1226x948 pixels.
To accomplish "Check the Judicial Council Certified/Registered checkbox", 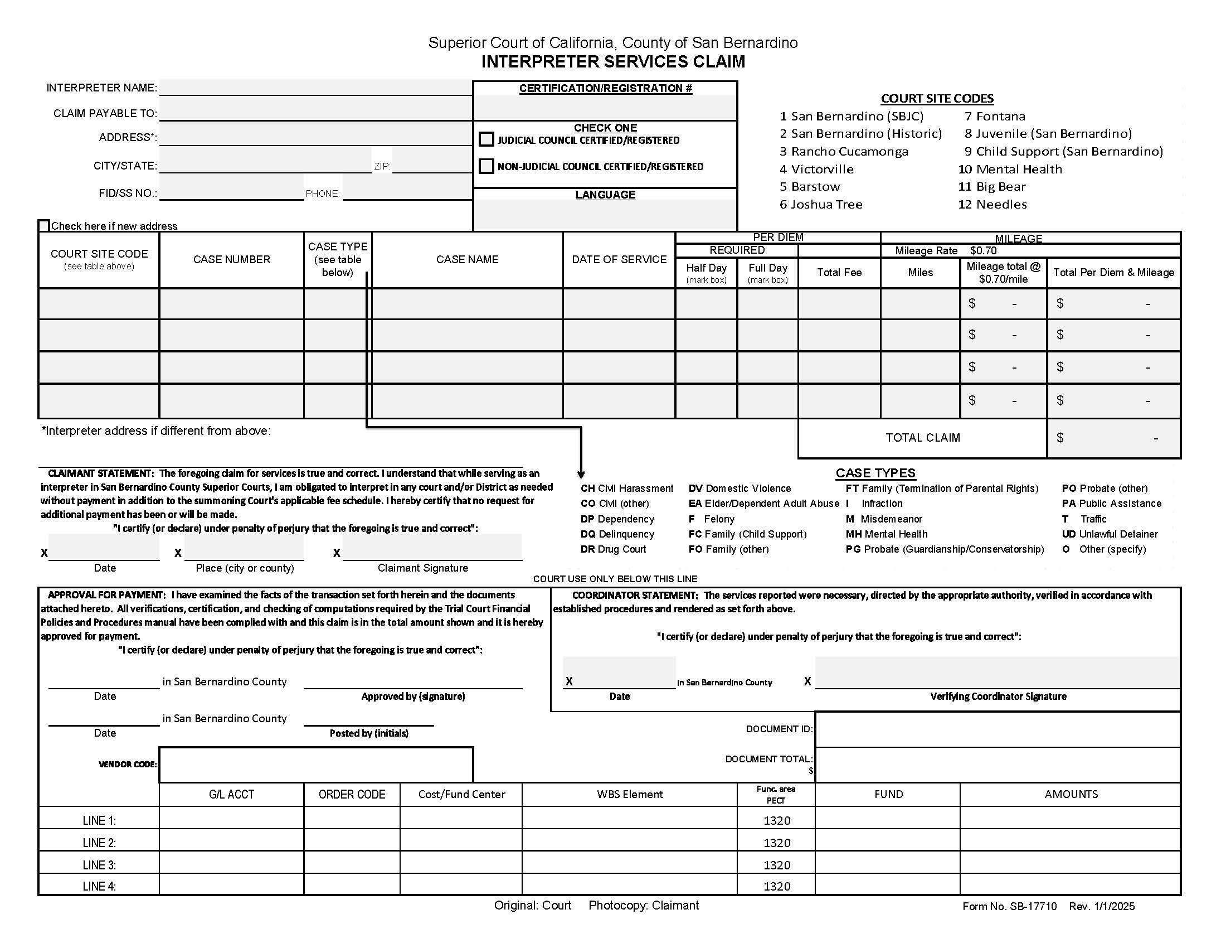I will click(486, 139).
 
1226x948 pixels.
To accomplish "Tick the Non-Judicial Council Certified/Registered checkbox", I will click(486, 166).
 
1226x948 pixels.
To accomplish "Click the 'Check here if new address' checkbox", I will click(44, 226).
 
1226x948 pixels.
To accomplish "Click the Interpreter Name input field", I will click(315, 88).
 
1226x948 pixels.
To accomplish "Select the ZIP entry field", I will click(431, 165).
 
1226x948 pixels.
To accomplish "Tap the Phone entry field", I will click(406, 192).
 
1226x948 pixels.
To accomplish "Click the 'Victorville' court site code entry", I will click(816, 169).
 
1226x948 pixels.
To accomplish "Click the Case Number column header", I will click(231, 259).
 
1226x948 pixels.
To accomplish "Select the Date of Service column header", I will click(619, 259).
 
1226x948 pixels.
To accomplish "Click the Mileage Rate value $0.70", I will click(983, 250).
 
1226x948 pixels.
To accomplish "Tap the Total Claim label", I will click(922, 438).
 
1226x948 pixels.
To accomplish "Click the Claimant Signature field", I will click(432, 548).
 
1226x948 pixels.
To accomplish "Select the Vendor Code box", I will click(316, 765).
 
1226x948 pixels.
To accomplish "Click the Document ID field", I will click(997, 729).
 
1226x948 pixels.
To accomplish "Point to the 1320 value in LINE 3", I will click(776, 865).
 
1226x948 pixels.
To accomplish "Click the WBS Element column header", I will click(629, 794).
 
